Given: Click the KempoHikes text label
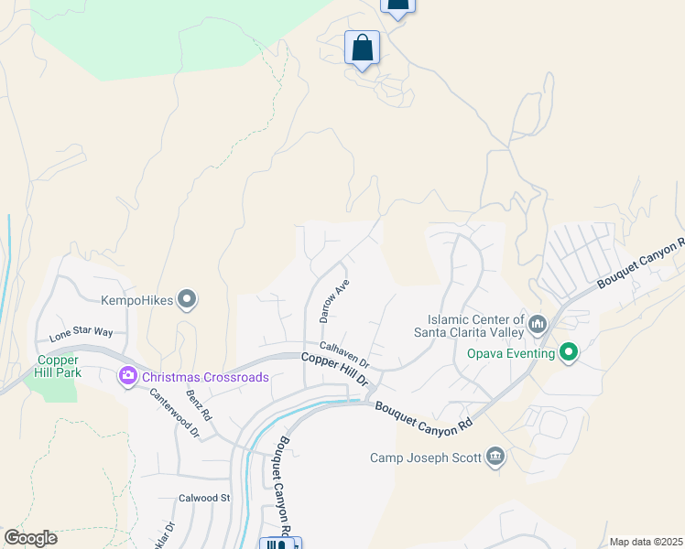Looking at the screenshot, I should (137, 299).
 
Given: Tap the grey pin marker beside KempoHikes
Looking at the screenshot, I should (187, 299).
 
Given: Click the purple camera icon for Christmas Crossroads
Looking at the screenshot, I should (127, 375).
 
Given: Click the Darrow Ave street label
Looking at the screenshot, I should (334, 301).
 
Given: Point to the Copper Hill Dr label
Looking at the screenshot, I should (335, 368).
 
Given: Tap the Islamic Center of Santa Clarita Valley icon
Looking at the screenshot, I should (538, 324).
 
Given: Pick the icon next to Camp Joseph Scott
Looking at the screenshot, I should (495, 457).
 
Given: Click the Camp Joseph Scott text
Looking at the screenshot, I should (426, 457).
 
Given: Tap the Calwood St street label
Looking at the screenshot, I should (203, 498).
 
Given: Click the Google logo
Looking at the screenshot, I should (30, 538).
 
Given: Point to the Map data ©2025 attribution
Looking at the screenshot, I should (646, 542).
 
